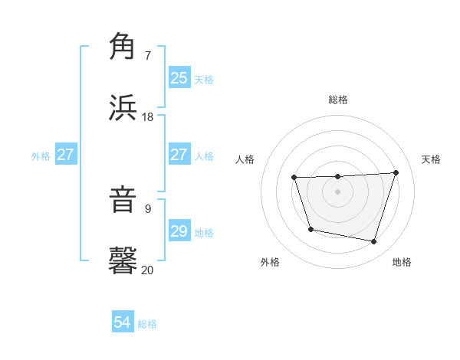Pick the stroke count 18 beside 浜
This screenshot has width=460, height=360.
pyautogui.click(x=148, y=116)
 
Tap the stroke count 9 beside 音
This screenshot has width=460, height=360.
pyautogui.click(x=148, y=208)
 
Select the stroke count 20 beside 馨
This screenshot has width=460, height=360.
pyautogui.click(x=148, y=270)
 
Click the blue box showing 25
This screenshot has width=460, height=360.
pyautogui.click(x=179, y=78)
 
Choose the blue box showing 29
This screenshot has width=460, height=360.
pyautogui.click(x=179, y=231)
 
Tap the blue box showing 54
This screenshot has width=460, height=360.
pyautogui.click(x=123, y=323)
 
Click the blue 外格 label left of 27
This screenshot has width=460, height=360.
pyautogui.click(x=41, y=155)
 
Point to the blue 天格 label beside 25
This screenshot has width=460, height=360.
pyautogui.click(x=204, y=79)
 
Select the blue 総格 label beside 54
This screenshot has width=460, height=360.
pyautogui.click(x=147, y=324)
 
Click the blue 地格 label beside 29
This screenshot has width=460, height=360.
pyautogui.click(x=204, y=232)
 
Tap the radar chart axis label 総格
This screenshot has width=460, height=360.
pyautogui.click(x=338, y=100)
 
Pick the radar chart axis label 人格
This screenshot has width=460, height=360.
pyautogui.click(x=245, y=159)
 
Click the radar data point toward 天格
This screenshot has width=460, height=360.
pyautogui.click(x=396, y=172)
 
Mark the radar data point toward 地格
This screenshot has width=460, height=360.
pyautogui.click(x=374, y=242)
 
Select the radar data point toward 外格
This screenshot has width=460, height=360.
pyautogui.click(x=310, y=229)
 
